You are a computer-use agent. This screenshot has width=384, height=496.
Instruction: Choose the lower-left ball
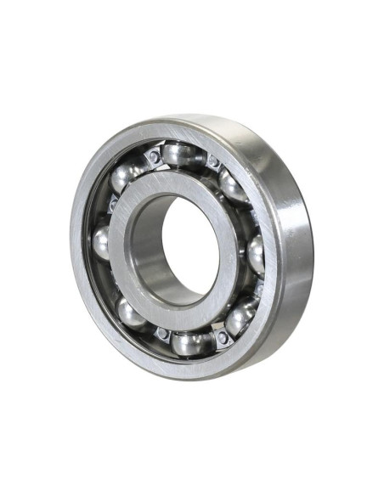pyautogui.click(x=132, y=313)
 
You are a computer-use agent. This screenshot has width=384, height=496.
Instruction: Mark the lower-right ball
pyautogui.click(x=240, y=317)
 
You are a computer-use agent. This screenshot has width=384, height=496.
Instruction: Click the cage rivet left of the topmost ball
pyautogui.click(x=153, y=158)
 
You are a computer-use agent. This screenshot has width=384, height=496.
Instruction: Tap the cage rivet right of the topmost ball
pyautogui.click(x=212, y=162)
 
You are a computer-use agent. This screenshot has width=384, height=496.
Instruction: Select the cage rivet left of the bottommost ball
pyautogui.click(x=161, y=334)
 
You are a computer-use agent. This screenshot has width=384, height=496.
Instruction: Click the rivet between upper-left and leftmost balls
pyautogui.click(x=111, y=205)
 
